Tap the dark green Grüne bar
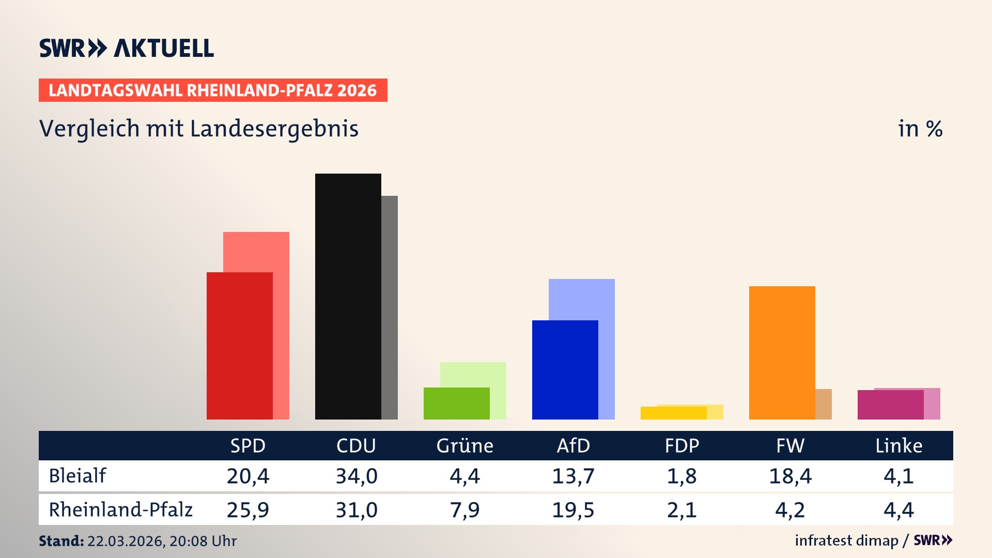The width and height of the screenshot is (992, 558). point(456,403)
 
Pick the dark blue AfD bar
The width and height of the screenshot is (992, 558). point(565,369)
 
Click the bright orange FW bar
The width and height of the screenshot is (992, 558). point(782,352)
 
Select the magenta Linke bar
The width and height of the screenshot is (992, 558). point(890,405)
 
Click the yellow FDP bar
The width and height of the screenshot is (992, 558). point(673,413)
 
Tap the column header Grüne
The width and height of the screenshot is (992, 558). point(464,445)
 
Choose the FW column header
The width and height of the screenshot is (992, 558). point(790,445)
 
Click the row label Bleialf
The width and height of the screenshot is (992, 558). point(78,476)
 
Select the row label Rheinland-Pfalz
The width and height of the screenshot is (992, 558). point(120,510)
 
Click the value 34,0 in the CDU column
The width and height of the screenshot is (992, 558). point(357,476)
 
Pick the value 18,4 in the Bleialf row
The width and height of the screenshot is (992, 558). point(790,476)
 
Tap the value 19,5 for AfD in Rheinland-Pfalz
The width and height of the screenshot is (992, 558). point(573,510)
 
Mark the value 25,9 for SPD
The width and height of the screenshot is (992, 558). point(248,510)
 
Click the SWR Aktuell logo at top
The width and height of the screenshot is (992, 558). point(127,48)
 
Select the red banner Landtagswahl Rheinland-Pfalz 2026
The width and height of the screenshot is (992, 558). point(213,90)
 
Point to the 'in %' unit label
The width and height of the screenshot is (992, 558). point(920,129)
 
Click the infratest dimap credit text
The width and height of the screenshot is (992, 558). point(846,540)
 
